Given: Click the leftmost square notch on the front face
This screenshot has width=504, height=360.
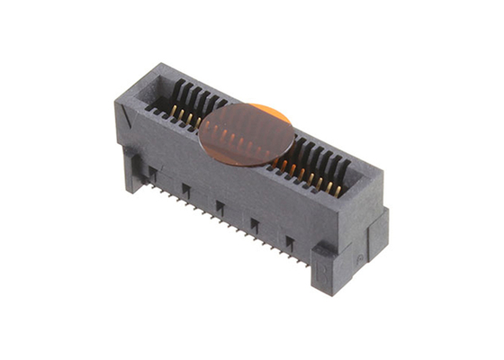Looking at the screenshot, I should [152, 170].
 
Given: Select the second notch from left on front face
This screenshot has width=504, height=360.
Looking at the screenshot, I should [185, 188].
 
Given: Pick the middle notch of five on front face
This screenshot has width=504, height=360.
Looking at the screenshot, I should [220, 206].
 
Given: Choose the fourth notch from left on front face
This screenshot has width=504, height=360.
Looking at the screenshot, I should [254, 224].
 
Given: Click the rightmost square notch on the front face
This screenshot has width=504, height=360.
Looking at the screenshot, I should [289, 242].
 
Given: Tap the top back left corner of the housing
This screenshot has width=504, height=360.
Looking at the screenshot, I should [159, 65].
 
